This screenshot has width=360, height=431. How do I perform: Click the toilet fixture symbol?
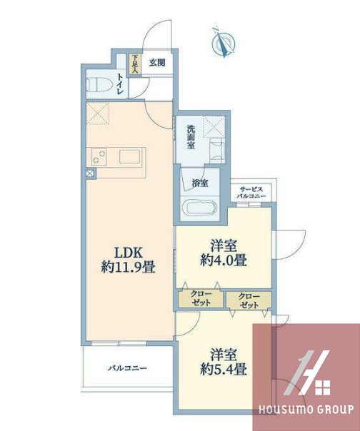pyautogui.click(x=99, y=84)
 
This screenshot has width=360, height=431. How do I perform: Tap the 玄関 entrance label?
pyautogui.click(x=157, y=63)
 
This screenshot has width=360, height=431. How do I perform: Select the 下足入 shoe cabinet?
pyautogui.click(x=136, y=64)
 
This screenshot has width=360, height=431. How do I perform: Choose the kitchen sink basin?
pyautogui.click(x=130, y=158)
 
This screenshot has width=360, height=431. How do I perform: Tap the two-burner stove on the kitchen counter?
pyautogui.click(x=99, y=157)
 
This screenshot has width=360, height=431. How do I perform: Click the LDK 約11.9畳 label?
pyautogui.click(x=129, y=260)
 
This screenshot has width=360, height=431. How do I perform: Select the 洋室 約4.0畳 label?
pyautogui.click(x=223, y=253)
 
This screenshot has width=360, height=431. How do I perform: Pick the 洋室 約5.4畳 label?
pyautogui.click(x=223, y=362)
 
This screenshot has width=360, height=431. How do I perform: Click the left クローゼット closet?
pyautogui.click(x=201, y=298)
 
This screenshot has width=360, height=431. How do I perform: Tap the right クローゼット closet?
pyautogui.click(x=249, y=300)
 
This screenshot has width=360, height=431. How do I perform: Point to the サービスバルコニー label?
pyautogui.click(x=251, y=193)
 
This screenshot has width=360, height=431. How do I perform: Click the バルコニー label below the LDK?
pyautogui.click(x=127, y=367)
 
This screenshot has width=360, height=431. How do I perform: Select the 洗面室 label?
pyautogui.click(x=191, y=137)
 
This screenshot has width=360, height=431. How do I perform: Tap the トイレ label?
pyautogui.click(x=119, y=84)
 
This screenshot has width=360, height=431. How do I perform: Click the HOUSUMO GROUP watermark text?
pyautogui.click(x=306, y=410)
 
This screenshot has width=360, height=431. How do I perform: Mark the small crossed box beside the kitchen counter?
pyautogui.click(x=90, y=173)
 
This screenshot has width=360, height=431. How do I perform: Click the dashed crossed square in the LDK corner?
pyautogui.click(x=98, y=113)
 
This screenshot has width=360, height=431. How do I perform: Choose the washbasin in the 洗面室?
pyautogui.click(x=217, y=151)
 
